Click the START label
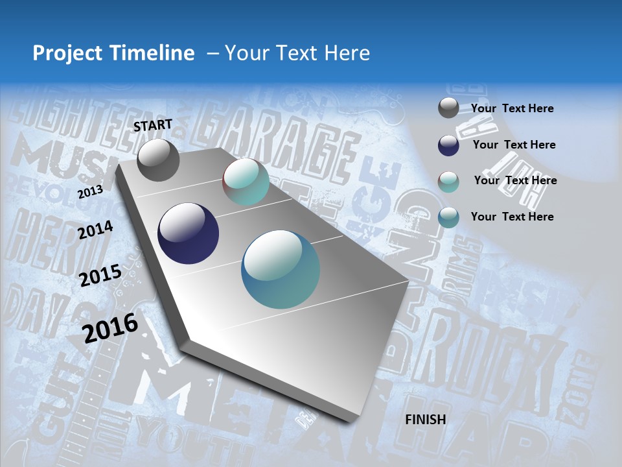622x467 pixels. [x=153, y=125]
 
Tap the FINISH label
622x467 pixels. [x=426, y=420]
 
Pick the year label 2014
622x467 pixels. [x=96, y=230]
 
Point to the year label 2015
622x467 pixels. [x=100, y=275]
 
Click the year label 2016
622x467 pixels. [x=110, y=328]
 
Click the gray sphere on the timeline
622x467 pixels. [x=158, y=160]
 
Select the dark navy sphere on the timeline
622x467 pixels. [x=188, y=233]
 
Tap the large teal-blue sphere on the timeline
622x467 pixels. [x=281, y=269]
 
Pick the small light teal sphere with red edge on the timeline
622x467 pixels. [x=246, y=182]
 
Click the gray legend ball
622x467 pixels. [x=448, y=108]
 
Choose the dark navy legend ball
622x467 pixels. [x=448, y=145]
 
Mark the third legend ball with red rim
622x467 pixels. [x=448, y=181]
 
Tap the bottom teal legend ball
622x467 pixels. [x=448, y=217]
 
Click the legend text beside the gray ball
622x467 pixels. [x=512, y=108]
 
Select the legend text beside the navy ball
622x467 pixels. [x=514, y=145]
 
